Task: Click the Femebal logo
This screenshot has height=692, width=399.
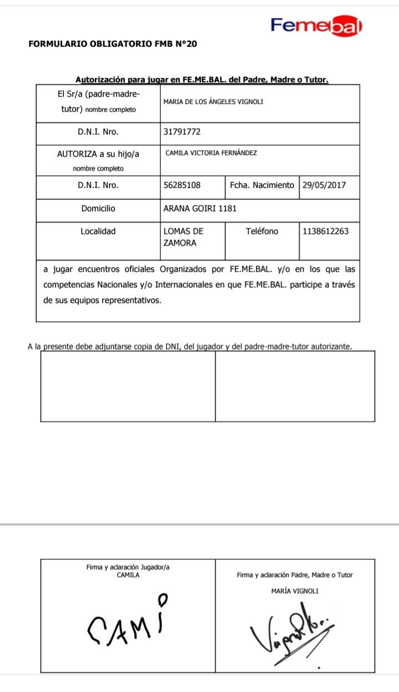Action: (x=316, y=26)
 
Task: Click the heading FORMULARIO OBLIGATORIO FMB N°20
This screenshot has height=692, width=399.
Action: (x=112, y=43)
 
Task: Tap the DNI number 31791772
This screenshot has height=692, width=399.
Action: (x=182, y=132)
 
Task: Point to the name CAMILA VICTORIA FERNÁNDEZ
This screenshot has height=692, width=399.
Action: (x=211, y=153)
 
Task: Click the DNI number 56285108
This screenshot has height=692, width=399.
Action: (x=182, y=185)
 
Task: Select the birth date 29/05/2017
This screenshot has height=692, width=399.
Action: (x=323, y=185)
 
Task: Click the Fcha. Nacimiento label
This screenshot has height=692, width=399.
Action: (x=262, y=185)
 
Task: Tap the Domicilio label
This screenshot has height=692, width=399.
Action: (x=98, y=208)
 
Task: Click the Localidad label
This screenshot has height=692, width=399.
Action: (x=98, y=231)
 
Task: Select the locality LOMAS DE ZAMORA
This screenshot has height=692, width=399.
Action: (x=183, y=237)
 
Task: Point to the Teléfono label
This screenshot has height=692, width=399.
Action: (x=262, y=231)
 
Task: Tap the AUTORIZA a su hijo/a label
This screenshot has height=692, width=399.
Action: (x=98, y=155)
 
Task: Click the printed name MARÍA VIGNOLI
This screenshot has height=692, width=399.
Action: (x=295, y=591)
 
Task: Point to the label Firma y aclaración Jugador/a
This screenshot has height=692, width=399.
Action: (x=128, y=567)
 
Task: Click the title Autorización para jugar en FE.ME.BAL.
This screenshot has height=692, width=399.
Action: (x=201, y=79)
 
